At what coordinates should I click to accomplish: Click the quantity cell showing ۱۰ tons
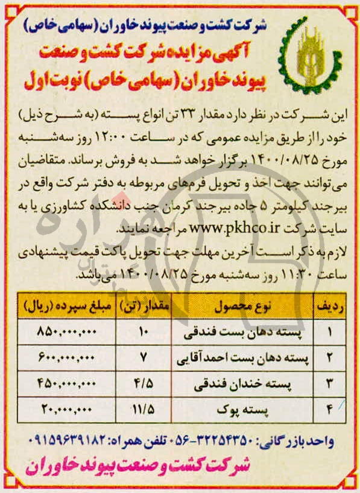143,331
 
